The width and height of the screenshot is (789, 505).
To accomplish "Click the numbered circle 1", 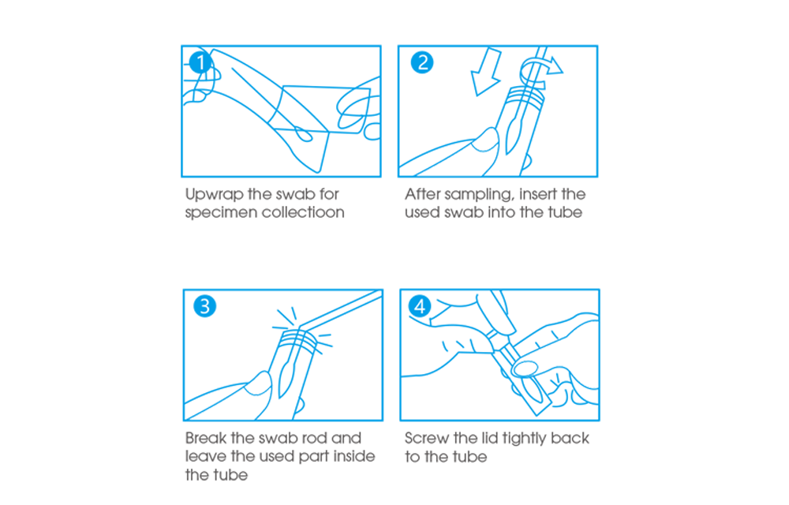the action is tap(200, 62).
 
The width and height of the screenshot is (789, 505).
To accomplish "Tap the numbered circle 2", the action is tap(421, 62).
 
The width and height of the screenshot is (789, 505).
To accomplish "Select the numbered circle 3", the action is tap(205, 306).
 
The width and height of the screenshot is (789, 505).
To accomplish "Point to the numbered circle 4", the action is tap(420, 306).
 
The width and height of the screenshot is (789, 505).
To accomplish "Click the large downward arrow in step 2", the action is tap(485, 72).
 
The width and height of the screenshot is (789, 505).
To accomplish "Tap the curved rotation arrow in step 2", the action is tap(541, 68).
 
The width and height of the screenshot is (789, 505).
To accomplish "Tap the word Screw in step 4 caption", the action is tap(426, 438).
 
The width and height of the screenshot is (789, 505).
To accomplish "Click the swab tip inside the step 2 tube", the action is tap(514, 133).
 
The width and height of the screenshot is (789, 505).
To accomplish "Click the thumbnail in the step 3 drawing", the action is tap(258, 386).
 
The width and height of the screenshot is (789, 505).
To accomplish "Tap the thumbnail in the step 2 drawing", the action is tap(484, 140).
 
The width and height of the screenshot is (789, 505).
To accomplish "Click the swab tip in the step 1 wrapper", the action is tap(302, 134).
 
